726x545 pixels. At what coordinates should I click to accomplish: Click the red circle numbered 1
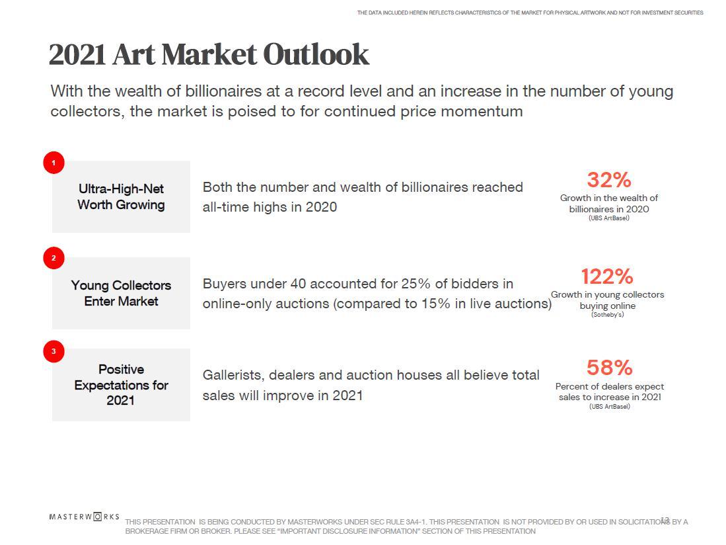[x=54, y=163]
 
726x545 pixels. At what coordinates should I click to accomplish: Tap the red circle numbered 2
[x=54, y=258]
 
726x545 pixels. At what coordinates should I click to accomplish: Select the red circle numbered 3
[x=54, y=351]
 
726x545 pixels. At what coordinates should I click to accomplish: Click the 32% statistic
[x=608, y=180]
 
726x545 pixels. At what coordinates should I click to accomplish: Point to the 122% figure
[x=606, y=276]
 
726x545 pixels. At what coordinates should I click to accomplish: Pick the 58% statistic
[x=609, y=368]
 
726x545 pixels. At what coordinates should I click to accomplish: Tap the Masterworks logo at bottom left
[x=84, y=517]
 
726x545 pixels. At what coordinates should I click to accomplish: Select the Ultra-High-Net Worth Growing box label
[x=121, y=196]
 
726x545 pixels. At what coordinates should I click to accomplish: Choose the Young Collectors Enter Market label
[x=121, y=293]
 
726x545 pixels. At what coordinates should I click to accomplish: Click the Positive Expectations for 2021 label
[x=121, y=384]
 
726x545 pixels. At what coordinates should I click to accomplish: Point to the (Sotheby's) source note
[x=607, y=315]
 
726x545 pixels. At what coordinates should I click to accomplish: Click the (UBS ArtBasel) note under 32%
[x=608, y=218]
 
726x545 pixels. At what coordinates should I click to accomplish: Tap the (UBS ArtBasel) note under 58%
[x=609, y=407]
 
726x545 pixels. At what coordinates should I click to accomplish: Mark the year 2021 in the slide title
[x=77, y=55]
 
